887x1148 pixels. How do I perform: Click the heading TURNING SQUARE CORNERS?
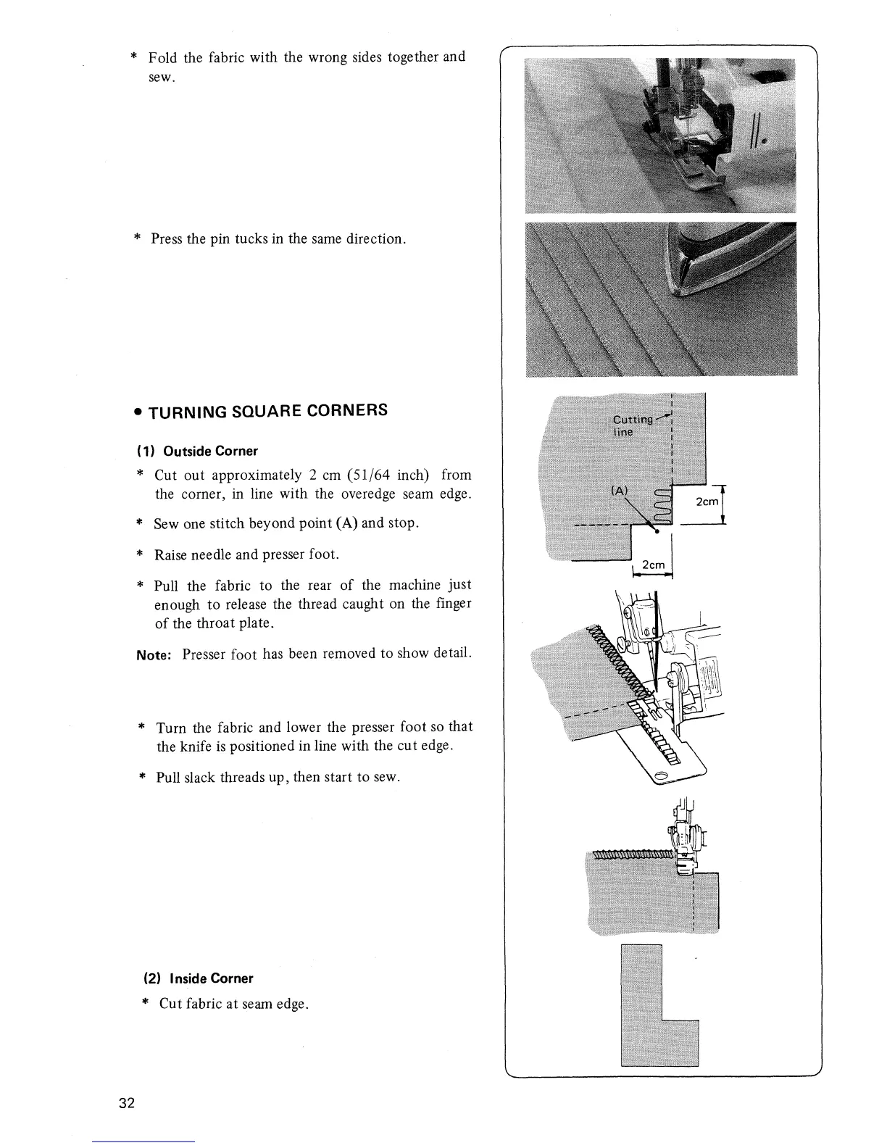pyautogui.click(x=267, y=412)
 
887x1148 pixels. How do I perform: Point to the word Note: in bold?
pyautogui.click(x=156, y=654)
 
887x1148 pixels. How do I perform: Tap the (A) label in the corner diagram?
pyautogui.click(x=620, y=491)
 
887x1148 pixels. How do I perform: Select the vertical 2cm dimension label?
pyautogui.click(x=706, y=502)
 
